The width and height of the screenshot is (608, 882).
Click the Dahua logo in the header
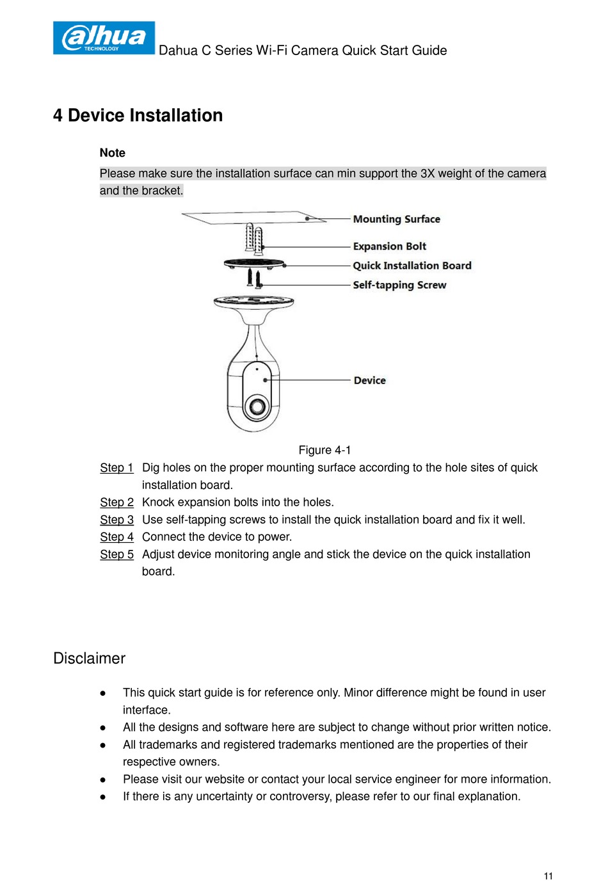tap(104, 38)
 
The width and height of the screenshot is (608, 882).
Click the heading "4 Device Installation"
tap(138, 115)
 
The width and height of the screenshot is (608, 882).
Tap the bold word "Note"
tap(113, 153)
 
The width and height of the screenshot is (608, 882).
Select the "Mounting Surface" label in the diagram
tap(396, 219)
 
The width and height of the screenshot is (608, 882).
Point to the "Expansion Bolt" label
tap(389, 246)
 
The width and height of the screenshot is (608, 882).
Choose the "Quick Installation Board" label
tap(412, 266)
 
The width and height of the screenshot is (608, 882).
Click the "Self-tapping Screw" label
tap(399, 285)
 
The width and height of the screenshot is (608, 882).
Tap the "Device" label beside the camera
tap(369, 380)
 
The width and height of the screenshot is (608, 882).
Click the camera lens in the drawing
tap(258, 406)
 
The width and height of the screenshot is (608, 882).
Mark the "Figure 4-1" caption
tap(324, 450)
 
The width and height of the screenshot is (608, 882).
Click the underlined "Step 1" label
tap(116, 468)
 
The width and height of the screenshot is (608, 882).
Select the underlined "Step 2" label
tap(116, 502)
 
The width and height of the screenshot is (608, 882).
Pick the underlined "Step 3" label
tap(116, 520)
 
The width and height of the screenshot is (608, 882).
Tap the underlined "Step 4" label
tap(116, 537)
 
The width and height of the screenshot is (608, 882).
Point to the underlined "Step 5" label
tap(116, 554)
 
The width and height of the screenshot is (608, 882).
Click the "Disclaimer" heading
tap(89, 659)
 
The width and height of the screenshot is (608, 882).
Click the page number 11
tap(548, 876)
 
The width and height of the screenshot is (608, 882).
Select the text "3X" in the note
tap(428, 173)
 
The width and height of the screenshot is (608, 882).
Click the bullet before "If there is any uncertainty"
tap(102, 798)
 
